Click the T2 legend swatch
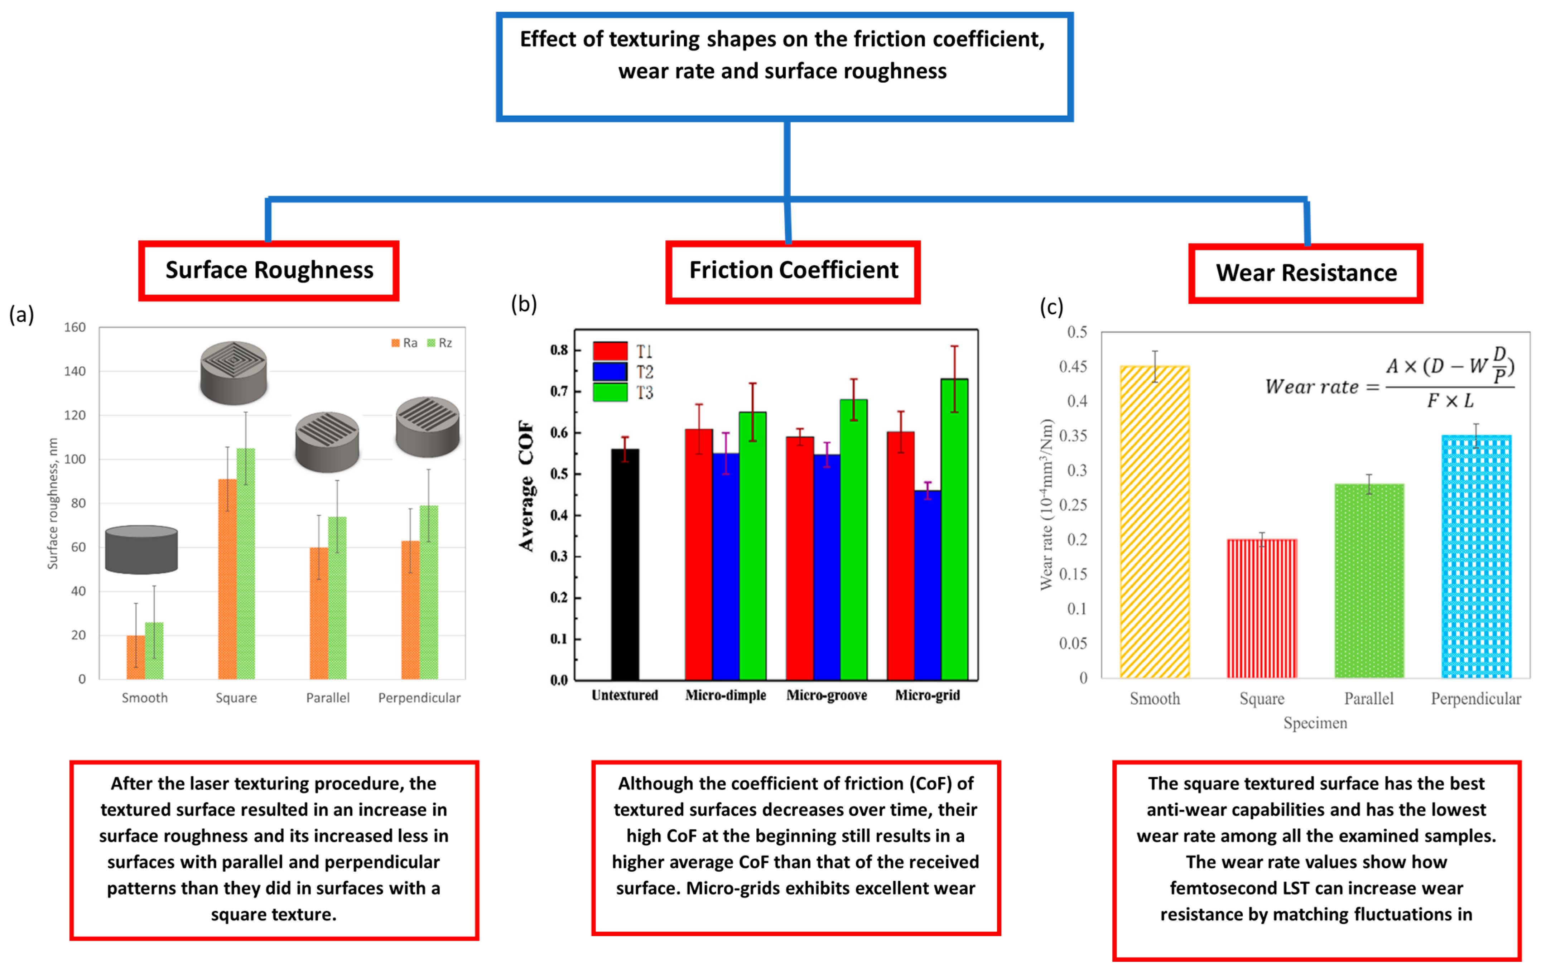(610, 372)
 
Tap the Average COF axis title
(526, 486)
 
